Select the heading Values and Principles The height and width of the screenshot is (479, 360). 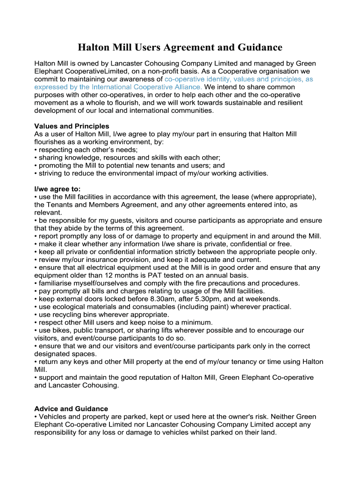(x=72, y=126)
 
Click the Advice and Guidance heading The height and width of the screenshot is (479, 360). (x=71, y=409)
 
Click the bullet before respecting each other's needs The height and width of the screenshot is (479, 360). (x=36, y=150)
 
